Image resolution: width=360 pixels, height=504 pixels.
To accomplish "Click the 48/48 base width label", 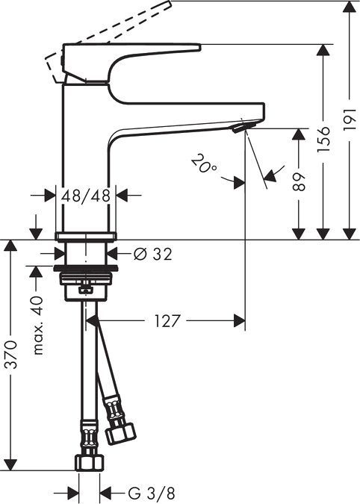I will (87, 196).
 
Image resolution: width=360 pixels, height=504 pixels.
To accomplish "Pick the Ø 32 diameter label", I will (153, 254).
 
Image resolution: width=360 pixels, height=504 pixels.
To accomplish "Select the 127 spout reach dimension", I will (165, 322).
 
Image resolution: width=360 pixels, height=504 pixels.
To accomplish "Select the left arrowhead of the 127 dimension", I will (93, 322).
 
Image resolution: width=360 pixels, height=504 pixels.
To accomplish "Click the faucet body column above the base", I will (87, 149).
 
